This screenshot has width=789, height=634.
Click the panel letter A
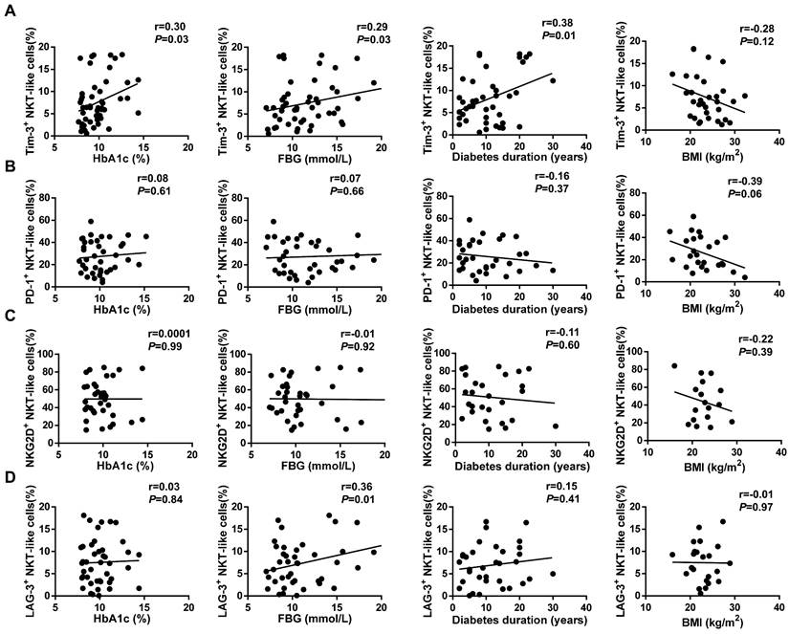click(x=10, y=10)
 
